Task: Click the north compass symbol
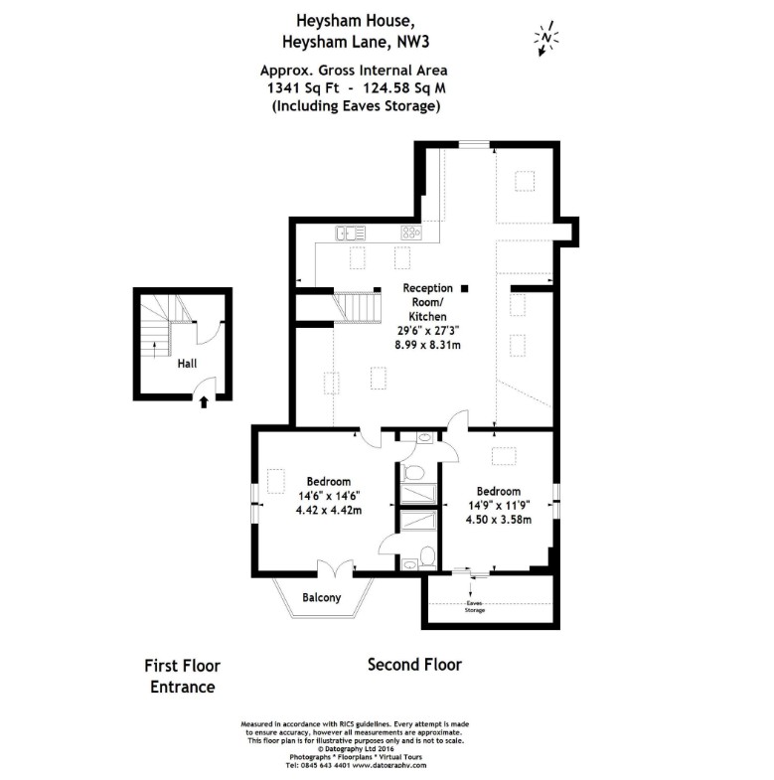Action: [x=545, y=38]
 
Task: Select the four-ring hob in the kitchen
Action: [x=410, y=233]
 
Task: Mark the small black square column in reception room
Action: [x=463, y=288]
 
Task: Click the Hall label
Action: [x=187, y=364]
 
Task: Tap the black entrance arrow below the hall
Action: [x=204, y=401]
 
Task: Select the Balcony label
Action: [x=321, y=597]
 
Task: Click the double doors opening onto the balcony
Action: [x=334, y=569]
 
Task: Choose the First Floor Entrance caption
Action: [x=182, y=676]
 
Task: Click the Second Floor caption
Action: [x=414, y=665]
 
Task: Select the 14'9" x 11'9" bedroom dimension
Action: [x=498, y=505]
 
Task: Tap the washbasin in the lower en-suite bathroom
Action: [x=426, y=555]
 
